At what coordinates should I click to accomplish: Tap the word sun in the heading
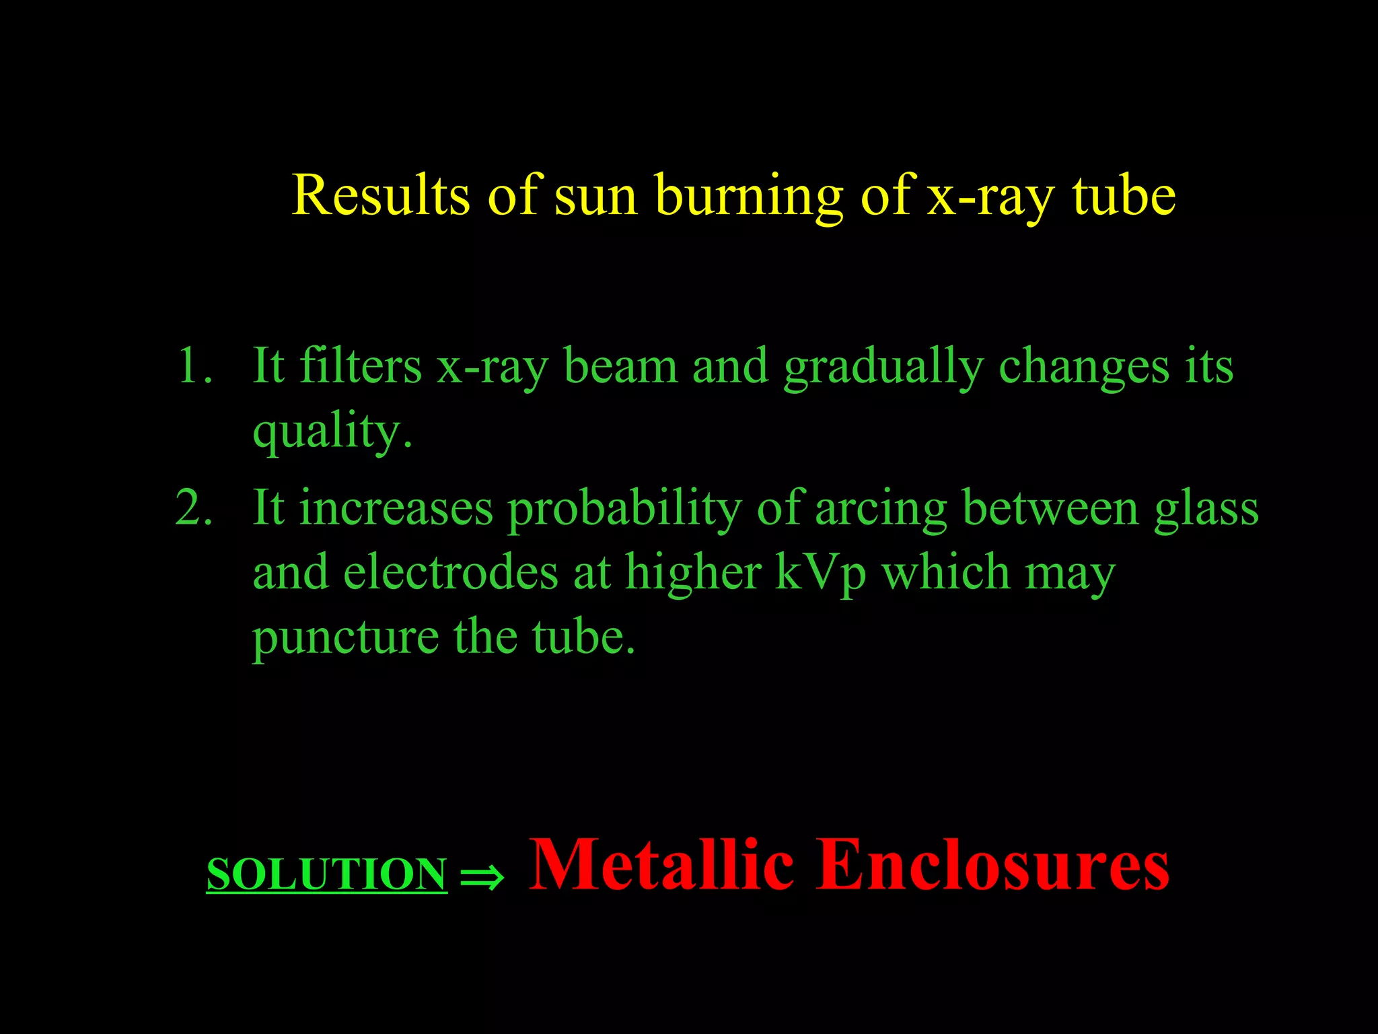click(x=595, y=197)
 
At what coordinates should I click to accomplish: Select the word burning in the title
click(x=748, y=197)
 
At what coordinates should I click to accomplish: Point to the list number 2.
click(x=194, y=508)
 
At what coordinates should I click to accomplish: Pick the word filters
click(x=360, y=367)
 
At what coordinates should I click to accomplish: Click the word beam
click(x=620, y=367)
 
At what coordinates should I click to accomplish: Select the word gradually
click(x=883, y=368)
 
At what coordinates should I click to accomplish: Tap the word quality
click(x=332, y=431)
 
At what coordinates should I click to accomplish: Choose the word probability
click(x=624, y=509)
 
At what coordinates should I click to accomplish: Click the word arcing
click(x=881, y=509)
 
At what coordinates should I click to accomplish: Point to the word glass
click(x=1206, y=509)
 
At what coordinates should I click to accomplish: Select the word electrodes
click(x=450, y=572)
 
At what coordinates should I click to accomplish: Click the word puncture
click(x=345, y=637)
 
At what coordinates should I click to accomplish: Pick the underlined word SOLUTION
click(x=326, y=874)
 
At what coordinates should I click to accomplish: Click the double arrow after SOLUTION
click(x=482, y=876)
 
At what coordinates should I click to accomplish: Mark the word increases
click(x=396, y=509)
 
